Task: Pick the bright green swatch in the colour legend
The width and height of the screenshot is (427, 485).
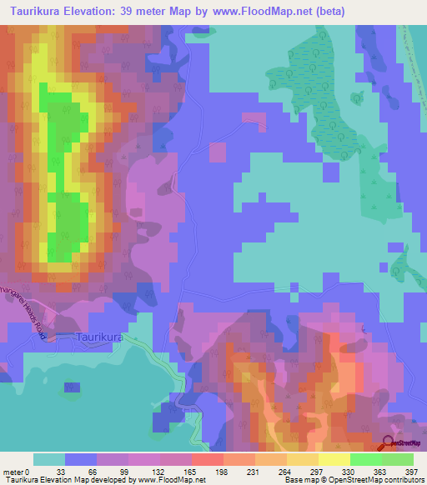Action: [x=365, y=459]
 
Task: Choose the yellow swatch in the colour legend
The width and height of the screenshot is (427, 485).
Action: [x=334, y=459]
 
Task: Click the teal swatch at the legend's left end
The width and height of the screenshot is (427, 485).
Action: [x=49, y=459]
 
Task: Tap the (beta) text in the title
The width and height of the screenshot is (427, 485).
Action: [x=346, y=12]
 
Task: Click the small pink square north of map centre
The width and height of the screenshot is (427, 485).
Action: [x=217, y=152]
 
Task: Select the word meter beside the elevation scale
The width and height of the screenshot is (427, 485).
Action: [x=13, y=471]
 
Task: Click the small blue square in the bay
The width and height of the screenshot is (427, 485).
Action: [x=72, y=388]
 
